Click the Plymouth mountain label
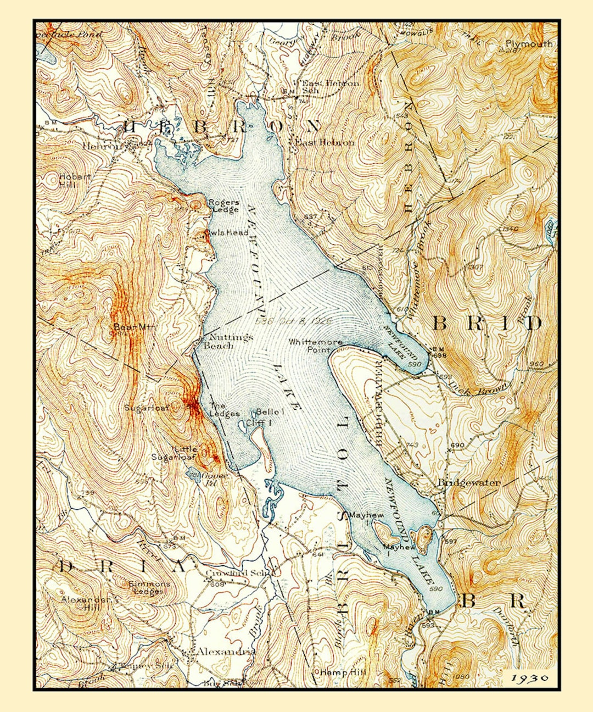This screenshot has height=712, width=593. click(529, 44)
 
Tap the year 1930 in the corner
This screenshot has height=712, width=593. click(530, 678)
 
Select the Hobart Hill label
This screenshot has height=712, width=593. click(75, 180)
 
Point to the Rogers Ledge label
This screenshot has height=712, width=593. click(223, 206)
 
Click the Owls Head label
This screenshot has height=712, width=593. click(227, 232)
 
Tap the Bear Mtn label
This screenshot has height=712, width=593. click(134, 327)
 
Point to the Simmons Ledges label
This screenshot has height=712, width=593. click(149, 587)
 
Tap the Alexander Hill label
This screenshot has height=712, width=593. click(85, 603)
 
